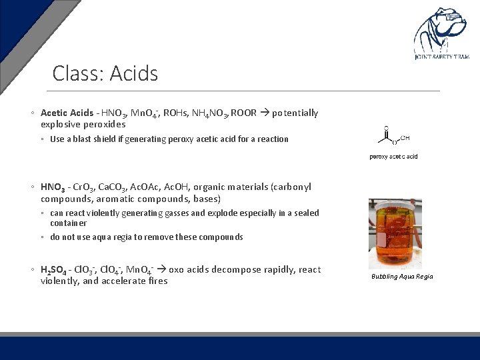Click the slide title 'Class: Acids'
(105, 73)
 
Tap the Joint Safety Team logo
(441, 33)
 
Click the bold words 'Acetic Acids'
(67, 113)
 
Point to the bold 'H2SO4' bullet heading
(55, 270)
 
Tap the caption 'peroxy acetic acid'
(394, 157)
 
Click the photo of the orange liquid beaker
(395, 233)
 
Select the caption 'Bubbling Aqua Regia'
(402, 276)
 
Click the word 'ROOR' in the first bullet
(243, 113)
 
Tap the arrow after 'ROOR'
(264, 113)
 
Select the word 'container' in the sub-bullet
(69, 223)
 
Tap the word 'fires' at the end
(157, 281)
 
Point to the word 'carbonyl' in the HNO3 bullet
(292, 187)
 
